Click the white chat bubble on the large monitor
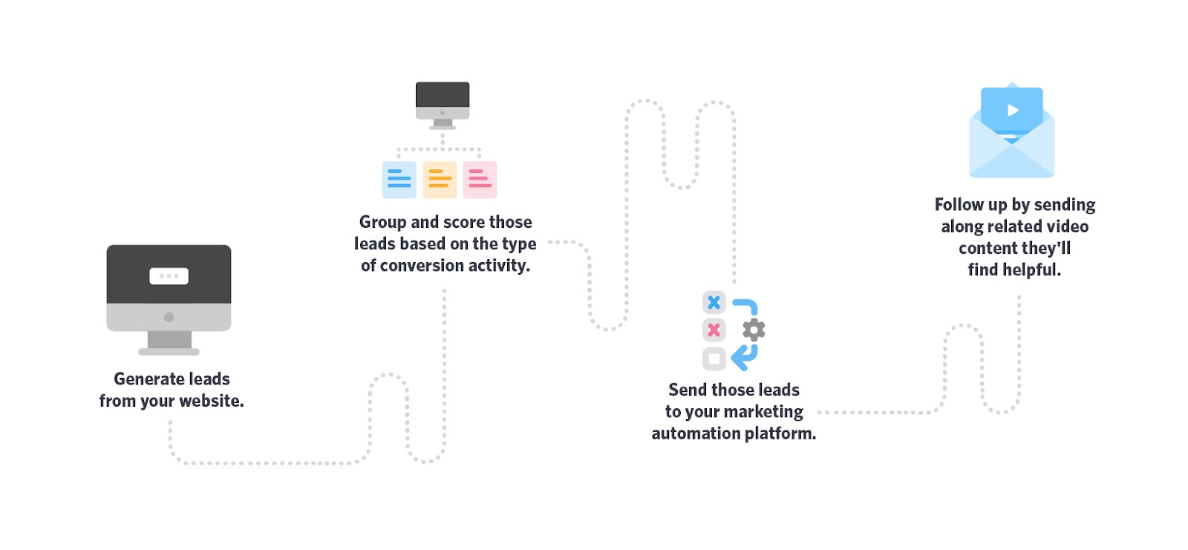(x=169, y=276)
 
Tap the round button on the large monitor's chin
(x=169, y=317)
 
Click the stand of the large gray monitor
(x=169, y=342)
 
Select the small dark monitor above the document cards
(x=443, y=100)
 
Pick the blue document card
(x=399, y=180)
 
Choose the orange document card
(x=440, y=180)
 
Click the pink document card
(x=480, y=180)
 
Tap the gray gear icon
(x=754, y=330)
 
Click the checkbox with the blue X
(x=714, y=302)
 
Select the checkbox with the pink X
(x=714, y=330)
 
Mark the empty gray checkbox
(x=714, y=359)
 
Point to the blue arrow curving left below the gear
(x=744, y=357)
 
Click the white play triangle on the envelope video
(x=1013, y=111)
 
